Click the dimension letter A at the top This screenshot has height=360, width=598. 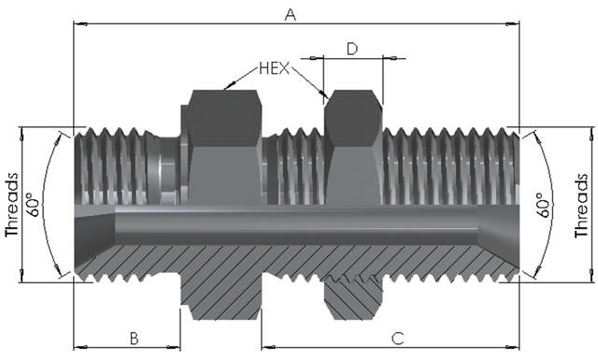click(x=290, y=13)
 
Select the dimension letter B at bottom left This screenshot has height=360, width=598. click(x=135, y=337)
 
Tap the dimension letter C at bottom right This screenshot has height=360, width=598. click(x=396, y=337)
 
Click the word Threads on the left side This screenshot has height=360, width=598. click(x=12, y=205)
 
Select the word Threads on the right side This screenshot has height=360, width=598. click(x=584, y=205)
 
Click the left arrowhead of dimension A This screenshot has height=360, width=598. click(x=78, y=23)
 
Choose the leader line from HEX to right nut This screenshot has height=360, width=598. click(x=310, y=82)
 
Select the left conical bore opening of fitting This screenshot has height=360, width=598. click(x=93, y=228)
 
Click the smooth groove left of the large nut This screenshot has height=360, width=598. click(x=167, y=168)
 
